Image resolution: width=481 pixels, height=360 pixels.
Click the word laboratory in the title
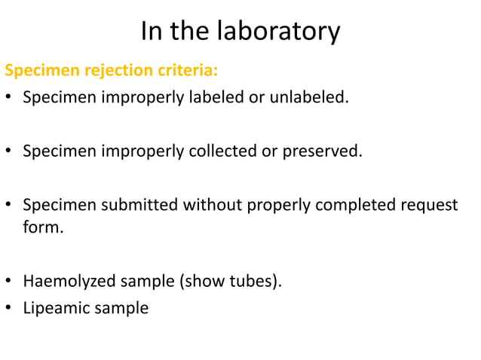click(278, 32)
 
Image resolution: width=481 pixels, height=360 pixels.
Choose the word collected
click(221, 151)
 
